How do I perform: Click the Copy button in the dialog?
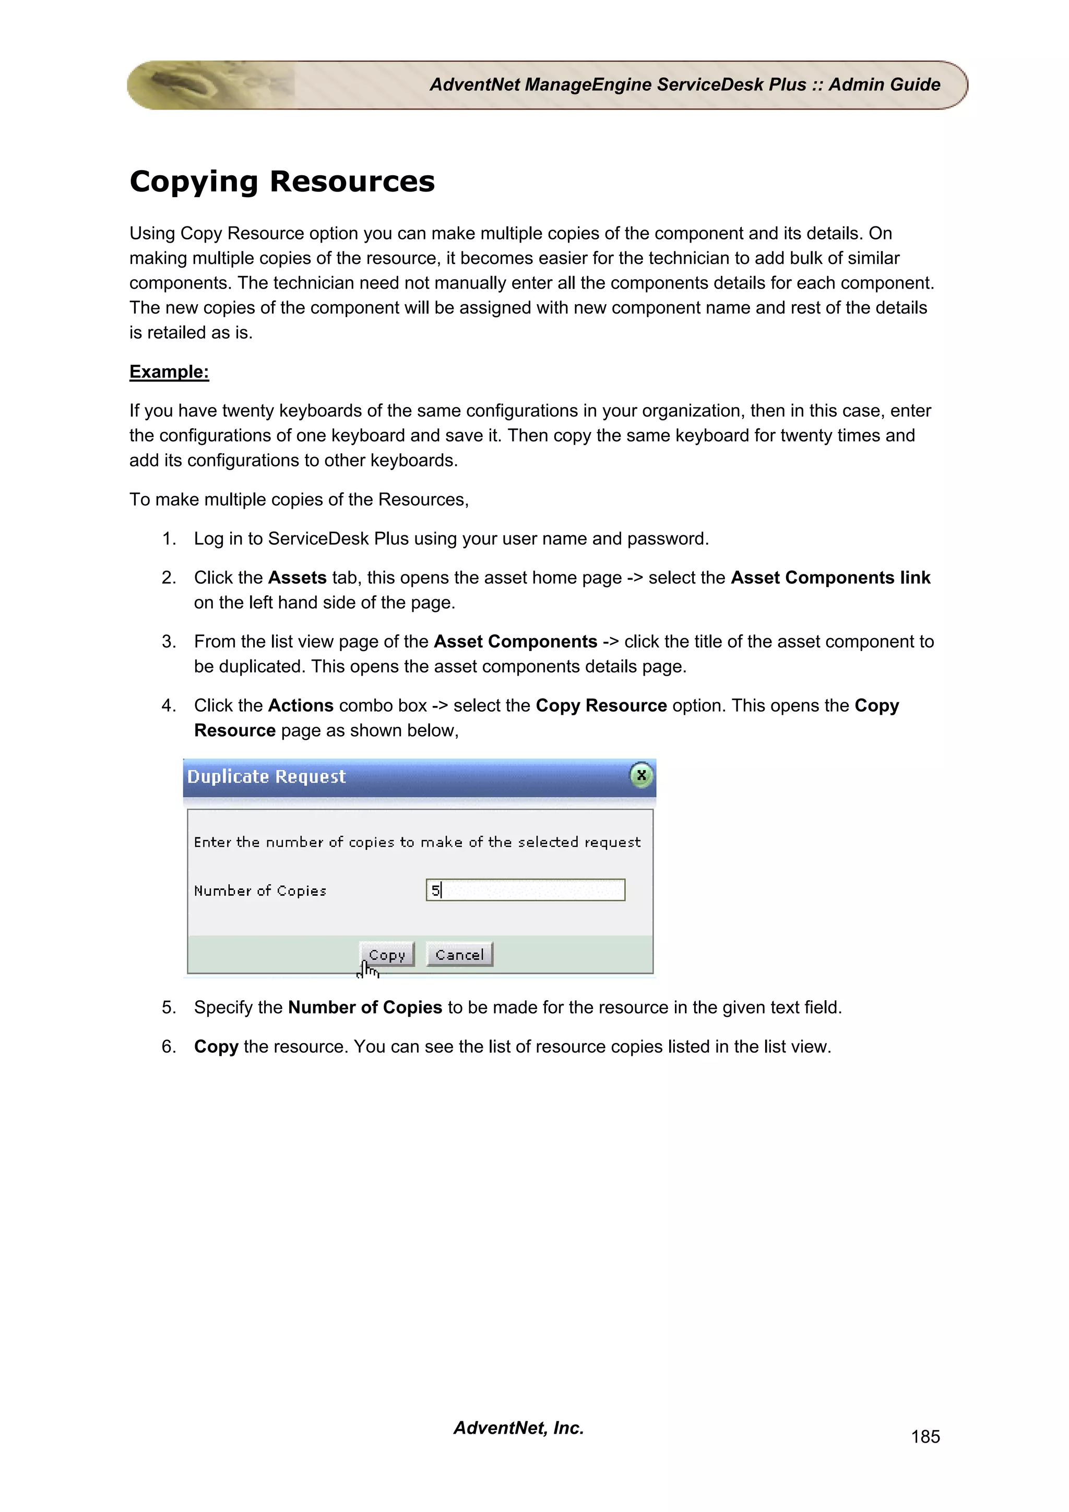click(x=387, y=954)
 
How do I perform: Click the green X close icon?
click(x=641, y=775)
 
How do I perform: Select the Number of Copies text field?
click(x=526, y=890)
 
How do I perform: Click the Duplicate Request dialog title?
click(x=266, y=776)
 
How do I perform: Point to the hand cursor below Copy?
click(x=367, y=970)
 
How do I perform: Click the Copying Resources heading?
click(x=282, y=181)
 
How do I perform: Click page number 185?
click(x=925, y=1436)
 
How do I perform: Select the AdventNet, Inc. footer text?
click(x=518, y=1427)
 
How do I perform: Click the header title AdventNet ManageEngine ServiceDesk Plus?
click(x=684, y=85)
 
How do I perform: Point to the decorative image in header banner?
click(x=211, y=85)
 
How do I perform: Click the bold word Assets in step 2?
click(x=297, y=578)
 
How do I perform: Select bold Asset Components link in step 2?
click(x=830, y=578)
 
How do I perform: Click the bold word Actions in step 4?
click(x=300, y=705)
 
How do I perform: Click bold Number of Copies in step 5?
click(x=365, y=1007)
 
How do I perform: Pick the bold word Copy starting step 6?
click(x=216, y=1047)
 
